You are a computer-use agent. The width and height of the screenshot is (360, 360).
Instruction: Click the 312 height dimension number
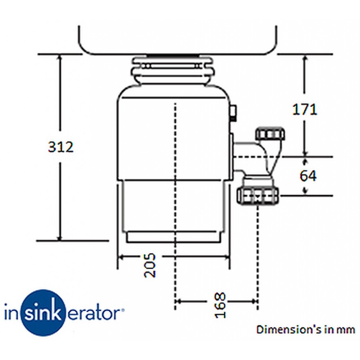pyautogui.click(x=61, y=147)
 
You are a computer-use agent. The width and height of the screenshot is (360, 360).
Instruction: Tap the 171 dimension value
pyautogui.click(x=305, y=109)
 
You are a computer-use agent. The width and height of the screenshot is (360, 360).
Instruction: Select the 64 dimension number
pyautogui.click(x=308, y=176)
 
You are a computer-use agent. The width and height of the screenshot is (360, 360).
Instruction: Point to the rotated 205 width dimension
pyautogui.click(x=150, y=265)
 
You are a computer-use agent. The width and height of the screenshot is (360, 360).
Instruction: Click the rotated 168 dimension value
pyautogui.click(x=220, y=305)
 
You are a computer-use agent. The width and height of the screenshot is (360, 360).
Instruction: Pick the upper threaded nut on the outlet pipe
pyautogui.click(x=270, y=134)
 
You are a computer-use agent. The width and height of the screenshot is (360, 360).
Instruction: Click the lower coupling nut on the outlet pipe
pyautogui.click(x=258, y=195)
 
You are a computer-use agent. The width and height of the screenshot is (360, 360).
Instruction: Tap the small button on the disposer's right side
pyautogui.click(x=234, y=113)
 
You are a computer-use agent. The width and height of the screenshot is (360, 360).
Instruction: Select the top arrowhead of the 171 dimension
pyautogui.click(x=305, y=58)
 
